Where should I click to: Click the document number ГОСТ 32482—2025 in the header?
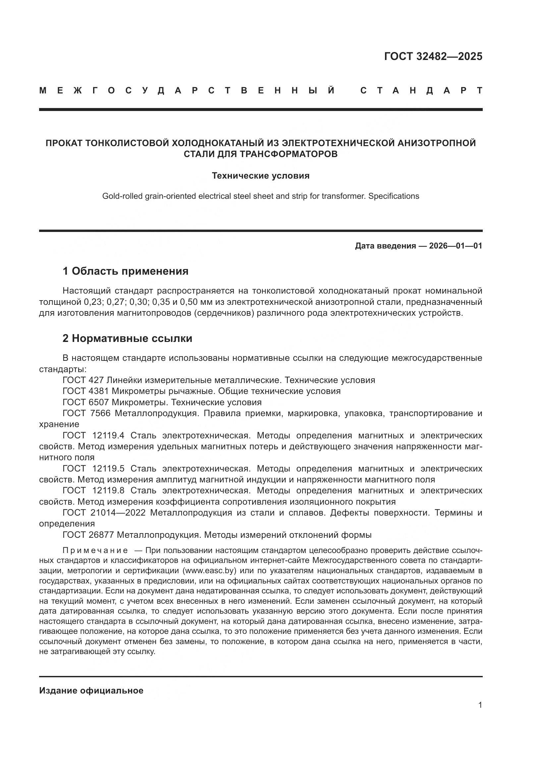click(433, 56)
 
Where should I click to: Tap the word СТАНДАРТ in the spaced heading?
click(421, 90)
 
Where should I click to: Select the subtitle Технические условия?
click(260, 176)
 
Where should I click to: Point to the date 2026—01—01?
click(456, 246)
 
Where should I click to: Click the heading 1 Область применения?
click(125, 271)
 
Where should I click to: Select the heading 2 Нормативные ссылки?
click(127, 338)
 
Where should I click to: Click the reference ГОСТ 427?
click(83, 380)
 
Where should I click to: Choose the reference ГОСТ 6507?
click(86, 402)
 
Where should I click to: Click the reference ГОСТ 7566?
click(86, 413)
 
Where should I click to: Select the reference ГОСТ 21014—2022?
click(104, 512)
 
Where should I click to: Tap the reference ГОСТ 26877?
click(88, 535)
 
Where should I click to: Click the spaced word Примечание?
click(95, 551)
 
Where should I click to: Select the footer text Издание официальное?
click(91, 691)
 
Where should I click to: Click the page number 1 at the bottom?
click(480, 705)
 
